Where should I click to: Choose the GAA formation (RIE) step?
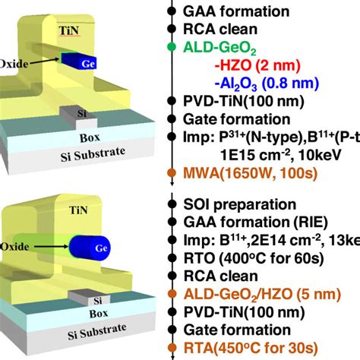coord(253,222)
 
